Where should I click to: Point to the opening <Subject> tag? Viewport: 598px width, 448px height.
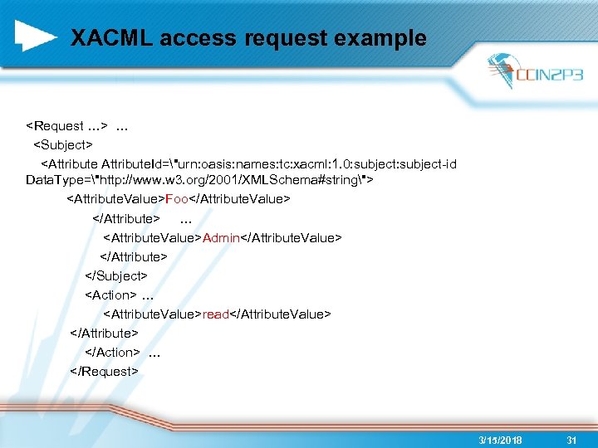62,145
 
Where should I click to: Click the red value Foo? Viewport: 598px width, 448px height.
177,200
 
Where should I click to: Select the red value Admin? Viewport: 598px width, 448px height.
221,238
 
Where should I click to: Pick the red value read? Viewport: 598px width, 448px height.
215,314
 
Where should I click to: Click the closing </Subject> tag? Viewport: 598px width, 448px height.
115,275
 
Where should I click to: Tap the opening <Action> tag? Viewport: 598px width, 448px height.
110,295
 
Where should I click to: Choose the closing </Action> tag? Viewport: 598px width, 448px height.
112,352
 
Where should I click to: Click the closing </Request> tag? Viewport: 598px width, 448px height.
105,371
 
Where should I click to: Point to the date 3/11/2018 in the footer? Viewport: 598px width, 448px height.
501,440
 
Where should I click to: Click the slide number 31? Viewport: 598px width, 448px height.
571,440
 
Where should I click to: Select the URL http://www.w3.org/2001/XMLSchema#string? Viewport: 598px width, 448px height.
224,180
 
